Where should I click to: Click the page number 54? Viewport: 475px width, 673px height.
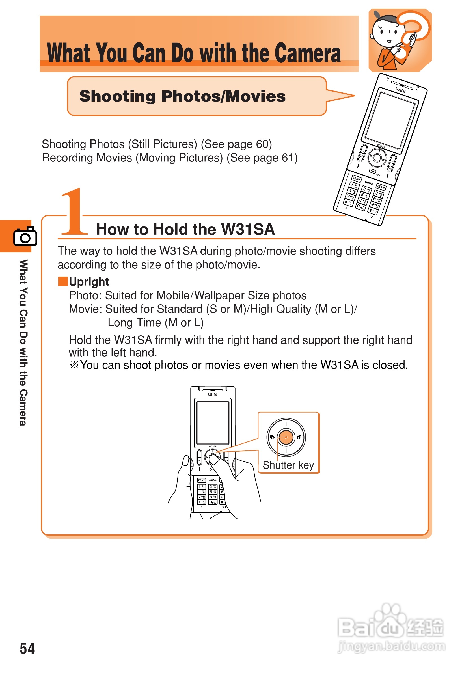click(27, 648)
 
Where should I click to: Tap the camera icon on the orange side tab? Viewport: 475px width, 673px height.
click(25, 236)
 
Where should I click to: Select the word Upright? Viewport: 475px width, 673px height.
click(89, 282)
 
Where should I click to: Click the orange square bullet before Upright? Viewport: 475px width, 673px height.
click(63, 281)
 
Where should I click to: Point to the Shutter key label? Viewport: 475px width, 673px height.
click(288, 465)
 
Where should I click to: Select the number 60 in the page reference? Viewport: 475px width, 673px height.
click(262, 144)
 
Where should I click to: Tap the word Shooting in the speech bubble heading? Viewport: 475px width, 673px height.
click(117, 96)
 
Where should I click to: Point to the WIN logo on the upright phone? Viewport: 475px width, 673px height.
click(213, 394)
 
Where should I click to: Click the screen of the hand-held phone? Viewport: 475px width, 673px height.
click(213, 423)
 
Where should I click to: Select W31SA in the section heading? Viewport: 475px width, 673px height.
click(248, 229)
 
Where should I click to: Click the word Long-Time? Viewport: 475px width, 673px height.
click(134, 323)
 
